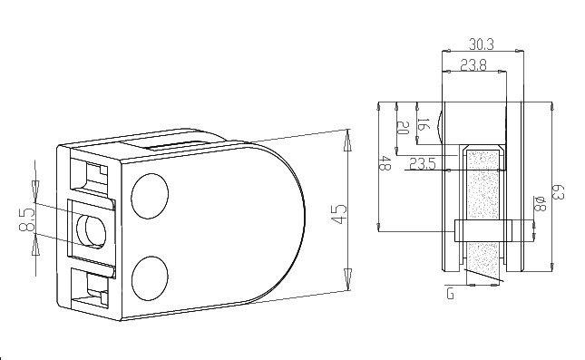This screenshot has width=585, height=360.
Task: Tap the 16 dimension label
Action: pyautogui.click(x=422, y=123)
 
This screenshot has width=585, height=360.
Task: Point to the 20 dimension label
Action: pyautogui.click(x=403, y=129)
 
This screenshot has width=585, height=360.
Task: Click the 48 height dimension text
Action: pyautogui.click(x=385, y=164)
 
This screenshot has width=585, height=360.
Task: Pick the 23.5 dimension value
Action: pyautogui.click(x=424, y=164)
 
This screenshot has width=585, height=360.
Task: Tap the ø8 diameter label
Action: pyautogui.click(x=540, y=204)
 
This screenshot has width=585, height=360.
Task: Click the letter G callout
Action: pyautogui.click(x=450, y=292)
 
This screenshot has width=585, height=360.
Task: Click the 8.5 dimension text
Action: pyautogui.click(x=27, y=219)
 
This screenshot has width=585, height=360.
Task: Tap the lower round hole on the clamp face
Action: pyautogui.click(x=151, y=277)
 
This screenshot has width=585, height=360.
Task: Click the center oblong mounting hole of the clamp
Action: pyautogui.click(x=93, y=231)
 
